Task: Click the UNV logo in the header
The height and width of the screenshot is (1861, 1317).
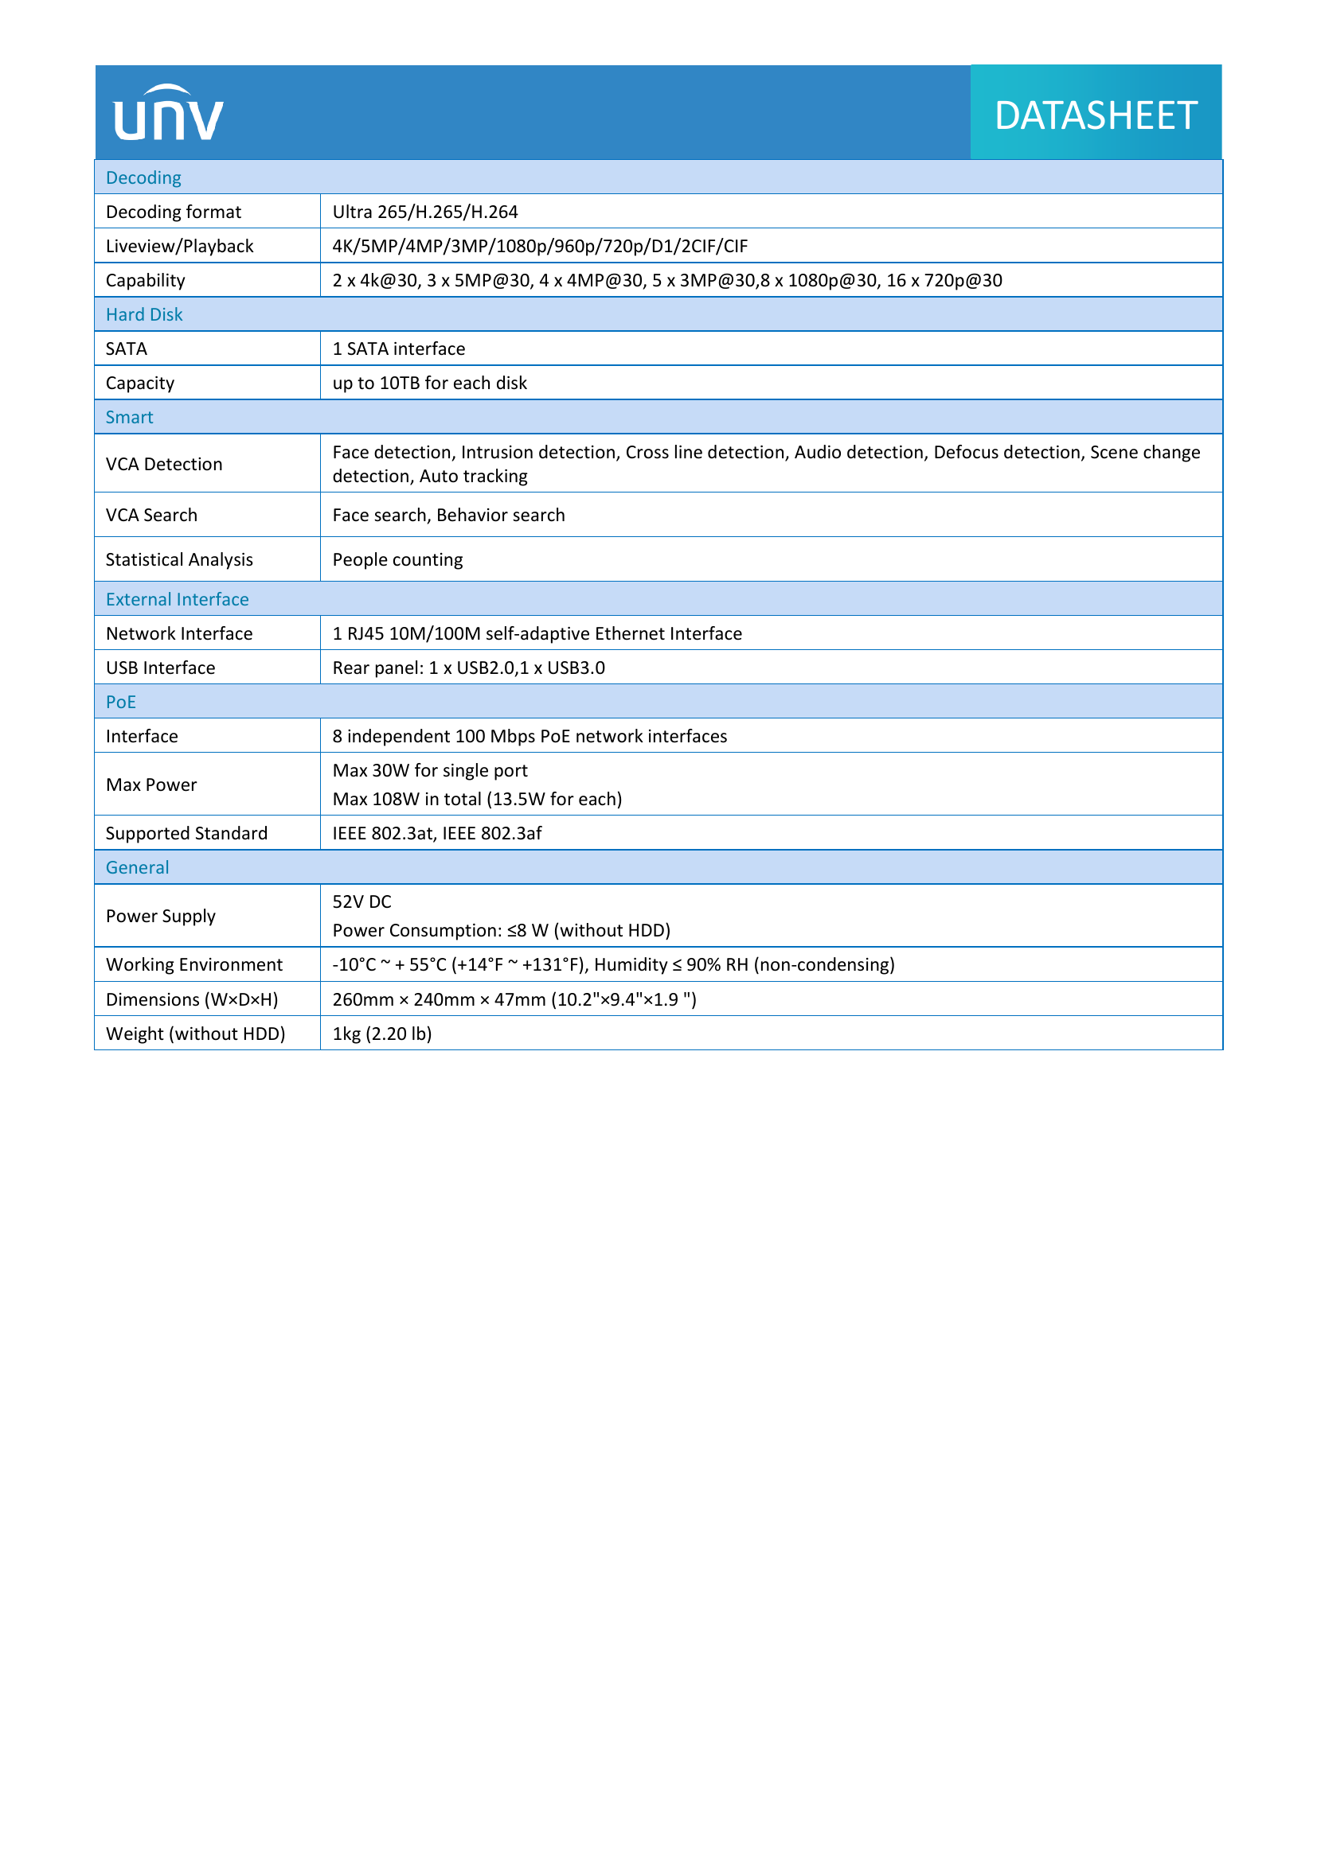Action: click(168, 114)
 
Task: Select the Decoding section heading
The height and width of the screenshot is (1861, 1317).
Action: click(143, 177)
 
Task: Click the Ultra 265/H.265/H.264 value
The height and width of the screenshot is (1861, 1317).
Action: click(425, 212)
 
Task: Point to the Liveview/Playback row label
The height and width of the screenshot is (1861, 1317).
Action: click(179, 246)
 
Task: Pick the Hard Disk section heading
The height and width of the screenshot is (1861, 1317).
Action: click(144, 314)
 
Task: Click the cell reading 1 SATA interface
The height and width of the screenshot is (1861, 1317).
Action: click(398, 348)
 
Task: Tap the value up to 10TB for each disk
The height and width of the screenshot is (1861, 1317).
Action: click(429, 383)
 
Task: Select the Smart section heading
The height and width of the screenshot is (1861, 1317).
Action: click(129, 418)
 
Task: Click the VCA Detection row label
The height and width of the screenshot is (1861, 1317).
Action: click(164, 464)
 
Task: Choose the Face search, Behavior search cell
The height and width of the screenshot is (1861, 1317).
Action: click(448, 515)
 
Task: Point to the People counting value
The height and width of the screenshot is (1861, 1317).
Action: click(397, 559)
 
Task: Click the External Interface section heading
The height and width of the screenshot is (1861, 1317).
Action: click(177, 599)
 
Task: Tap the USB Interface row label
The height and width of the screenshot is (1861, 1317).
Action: click(161, 668)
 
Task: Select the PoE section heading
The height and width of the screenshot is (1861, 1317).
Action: click(121, 702)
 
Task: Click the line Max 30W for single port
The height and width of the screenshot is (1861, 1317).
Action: click(430, 770)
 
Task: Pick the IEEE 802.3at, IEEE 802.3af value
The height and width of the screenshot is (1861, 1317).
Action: click(436, 833)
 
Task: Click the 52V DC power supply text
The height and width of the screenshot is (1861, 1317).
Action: click(361, 901)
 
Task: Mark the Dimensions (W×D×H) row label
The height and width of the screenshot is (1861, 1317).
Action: click(192, 999)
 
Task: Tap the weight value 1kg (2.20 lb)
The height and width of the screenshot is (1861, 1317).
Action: click(382, 1034)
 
